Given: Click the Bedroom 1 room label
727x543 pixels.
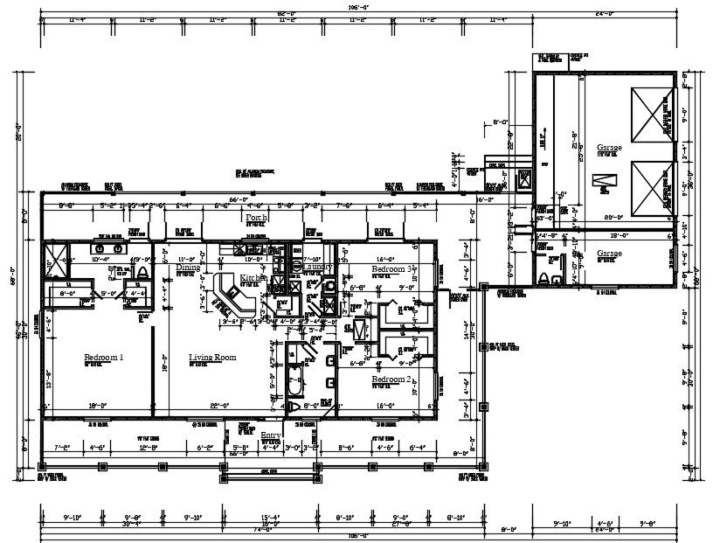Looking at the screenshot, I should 103,357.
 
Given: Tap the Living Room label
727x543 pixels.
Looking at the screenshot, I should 212,357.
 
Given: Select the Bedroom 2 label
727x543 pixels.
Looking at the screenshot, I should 391,379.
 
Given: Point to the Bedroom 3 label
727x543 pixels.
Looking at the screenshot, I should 391,269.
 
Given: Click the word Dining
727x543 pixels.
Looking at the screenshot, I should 188,268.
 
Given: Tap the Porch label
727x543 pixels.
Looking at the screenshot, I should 255,217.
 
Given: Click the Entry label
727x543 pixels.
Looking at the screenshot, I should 271,435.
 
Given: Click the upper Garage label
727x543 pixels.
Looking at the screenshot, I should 609,148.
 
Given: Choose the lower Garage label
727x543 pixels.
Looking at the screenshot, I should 609,254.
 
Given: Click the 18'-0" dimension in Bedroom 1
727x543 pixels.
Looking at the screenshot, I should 98,406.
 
